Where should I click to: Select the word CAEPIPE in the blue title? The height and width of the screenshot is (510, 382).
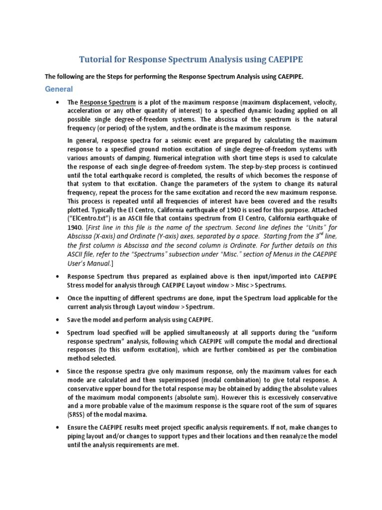click(280, 60)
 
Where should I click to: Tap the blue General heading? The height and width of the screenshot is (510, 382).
click(59, 89)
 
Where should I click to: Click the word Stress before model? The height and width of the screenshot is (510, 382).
click(79, 285)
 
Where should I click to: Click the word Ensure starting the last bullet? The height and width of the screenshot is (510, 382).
click(79, 428)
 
